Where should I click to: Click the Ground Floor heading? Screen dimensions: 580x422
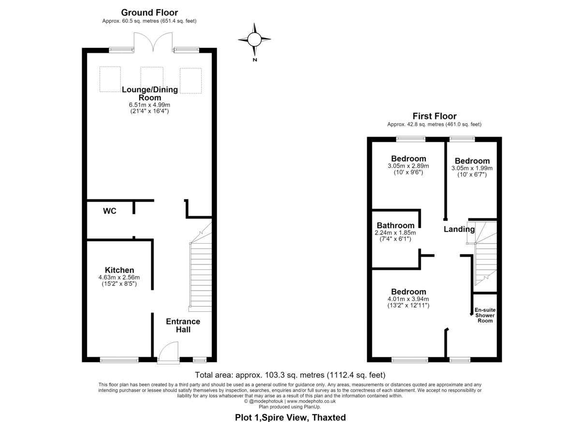point(149,13)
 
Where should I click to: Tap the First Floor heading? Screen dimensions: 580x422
point(435,116)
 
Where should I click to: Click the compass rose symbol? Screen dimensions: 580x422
point(254,40)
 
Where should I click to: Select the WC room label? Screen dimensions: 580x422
point(110,211)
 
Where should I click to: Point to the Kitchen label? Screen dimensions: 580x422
point(119,270)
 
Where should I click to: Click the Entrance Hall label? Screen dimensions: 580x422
point(183,325)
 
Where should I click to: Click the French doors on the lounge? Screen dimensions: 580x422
point(153,42)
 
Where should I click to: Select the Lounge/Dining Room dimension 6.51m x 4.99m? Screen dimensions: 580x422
point(149,105)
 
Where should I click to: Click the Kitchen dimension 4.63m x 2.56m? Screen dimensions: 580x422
point(119,277)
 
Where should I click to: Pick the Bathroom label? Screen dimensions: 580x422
point(395,225)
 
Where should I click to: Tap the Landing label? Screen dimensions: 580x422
point(459,229)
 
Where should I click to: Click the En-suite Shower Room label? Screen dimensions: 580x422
point(485,315)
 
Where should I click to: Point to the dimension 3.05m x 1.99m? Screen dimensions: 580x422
point(472,168)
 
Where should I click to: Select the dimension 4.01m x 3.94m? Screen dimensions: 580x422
point(408,299)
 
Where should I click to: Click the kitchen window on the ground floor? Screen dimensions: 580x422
point(119,360)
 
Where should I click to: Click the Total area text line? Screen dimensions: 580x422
point(290,375)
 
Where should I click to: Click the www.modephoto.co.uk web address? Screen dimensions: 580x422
point(311,401)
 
